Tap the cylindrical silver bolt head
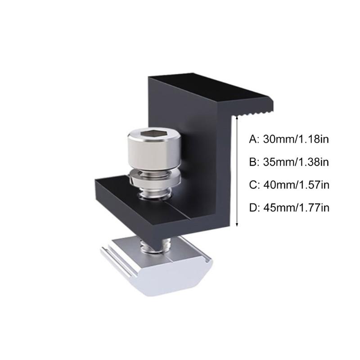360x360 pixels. pyautogui.click(x=154, y=149)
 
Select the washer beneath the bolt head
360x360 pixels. pyautogui.click(x=154, y=178)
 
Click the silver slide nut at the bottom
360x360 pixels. pyautogui.click(x=157, y=266)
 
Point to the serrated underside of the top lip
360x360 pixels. pyautogui.click(x=252, y=113)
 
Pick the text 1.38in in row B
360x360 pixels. pyautogui.click(x=313, y=162)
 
